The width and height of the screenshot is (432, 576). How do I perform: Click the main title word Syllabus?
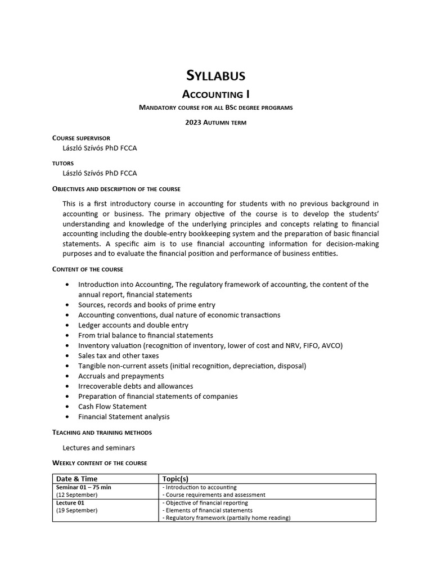215,75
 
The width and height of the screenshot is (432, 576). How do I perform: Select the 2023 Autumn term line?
215,122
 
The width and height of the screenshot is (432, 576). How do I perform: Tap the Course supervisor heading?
81,138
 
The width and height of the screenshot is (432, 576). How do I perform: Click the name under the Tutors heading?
100,173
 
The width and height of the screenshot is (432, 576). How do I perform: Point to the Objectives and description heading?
116,189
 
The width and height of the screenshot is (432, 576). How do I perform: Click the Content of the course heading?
88,269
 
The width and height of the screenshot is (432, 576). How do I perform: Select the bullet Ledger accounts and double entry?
133,325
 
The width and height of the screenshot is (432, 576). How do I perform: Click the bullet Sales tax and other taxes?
119,355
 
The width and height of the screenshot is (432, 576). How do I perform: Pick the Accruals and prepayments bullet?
121,376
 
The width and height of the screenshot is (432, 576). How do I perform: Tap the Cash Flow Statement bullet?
112,406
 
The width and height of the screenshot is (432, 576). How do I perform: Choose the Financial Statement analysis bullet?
124,416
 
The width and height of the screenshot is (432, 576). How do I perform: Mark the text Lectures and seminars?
98,448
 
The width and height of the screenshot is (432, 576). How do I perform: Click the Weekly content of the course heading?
100,463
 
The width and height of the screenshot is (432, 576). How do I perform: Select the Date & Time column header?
76,479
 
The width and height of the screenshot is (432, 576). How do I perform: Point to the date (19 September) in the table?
77,510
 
